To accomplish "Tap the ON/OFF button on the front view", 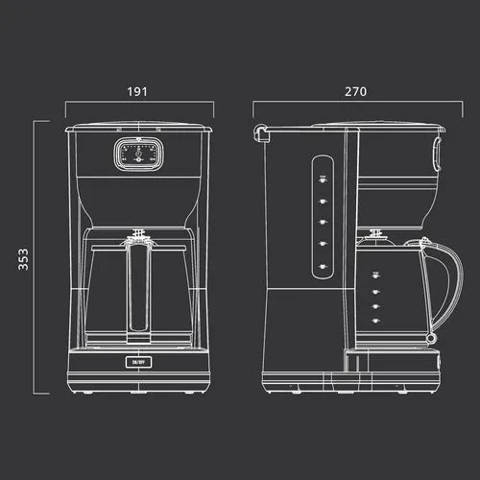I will (138, 362).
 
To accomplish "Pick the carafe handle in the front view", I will (138, 288).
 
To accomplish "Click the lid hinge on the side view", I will (259, 132).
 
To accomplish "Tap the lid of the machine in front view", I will (138, 126).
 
